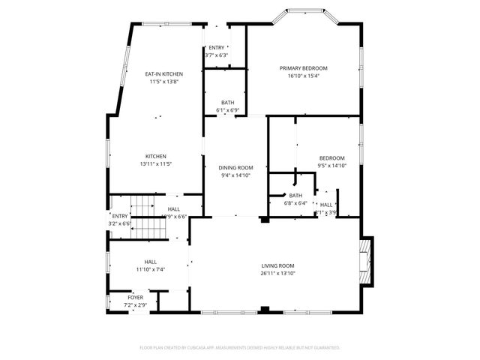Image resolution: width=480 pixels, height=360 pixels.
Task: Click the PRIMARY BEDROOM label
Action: coord(304,68)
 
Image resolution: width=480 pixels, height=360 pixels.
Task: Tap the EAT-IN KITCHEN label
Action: coord(164,74)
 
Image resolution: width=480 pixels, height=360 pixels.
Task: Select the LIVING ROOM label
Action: coord(277,265)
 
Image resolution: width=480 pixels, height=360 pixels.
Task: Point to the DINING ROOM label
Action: coord(235,168)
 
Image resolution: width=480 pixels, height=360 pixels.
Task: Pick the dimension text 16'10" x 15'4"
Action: coord(304,76)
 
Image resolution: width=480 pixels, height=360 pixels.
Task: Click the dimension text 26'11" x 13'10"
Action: coord(277,273)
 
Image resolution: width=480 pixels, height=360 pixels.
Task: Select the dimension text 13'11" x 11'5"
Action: coord(156,163)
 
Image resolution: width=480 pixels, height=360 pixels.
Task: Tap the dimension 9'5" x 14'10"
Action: coord(331,165)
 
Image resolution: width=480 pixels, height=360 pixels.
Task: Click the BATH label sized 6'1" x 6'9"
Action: coord(227,103)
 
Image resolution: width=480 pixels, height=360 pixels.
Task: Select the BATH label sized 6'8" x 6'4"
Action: coord(285,195)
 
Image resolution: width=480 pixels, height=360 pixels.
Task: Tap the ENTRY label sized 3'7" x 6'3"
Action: coord(216,48)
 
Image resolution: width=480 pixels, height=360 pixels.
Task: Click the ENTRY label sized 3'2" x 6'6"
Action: coord(120,216)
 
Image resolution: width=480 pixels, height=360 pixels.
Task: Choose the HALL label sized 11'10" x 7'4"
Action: coord(150,262)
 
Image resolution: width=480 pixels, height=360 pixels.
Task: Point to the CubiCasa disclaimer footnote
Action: coord(240,348)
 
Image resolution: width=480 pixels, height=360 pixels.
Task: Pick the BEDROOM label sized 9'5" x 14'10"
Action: coord(331,157)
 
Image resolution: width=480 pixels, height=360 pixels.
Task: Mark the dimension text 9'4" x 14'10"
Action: coord(235,175)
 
